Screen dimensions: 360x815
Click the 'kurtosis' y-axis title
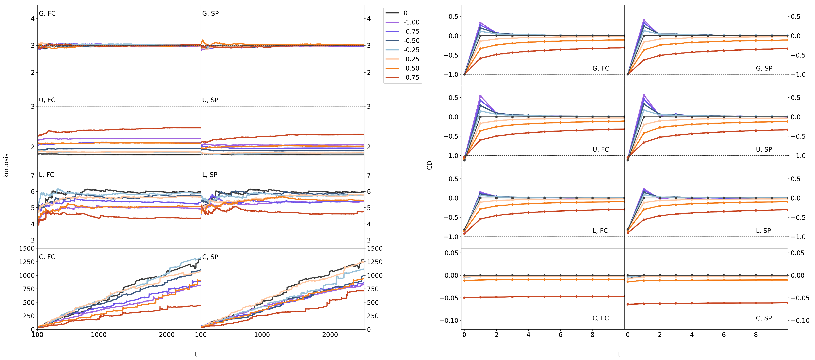pos(6,165)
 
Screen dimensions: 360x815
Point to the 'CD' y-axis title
pos(429,165)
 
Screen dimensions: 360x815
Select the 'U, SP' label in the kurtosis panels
pos(210,100)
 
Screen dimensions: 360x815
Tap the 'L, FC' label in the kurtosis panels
pos(47,175)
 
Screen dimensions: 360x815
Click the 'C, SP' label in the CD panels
pos(764,318)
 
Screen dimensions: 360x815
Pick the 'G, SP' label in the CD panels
pos(764,68)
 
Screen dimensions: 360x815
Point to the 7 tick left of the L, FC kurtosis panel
pos(33,175)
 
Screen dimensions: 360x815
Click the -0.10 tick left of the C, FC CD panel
pos(449,321)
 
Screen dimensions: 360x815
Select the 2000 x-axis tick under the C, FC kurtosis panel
pos(166,335)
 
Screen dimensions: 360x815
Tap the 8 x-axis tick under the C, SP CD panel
pos(756,335)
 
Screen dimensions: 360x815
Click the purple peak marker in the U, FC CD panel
pos(480,96)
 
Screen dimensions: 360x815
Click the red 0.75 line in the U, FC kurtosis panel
pos(127,129)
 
